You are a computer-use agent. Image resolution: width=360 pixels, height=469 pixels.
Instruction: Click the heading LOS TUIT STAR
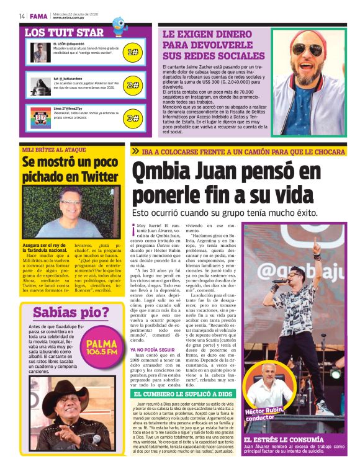[x=64, y=32]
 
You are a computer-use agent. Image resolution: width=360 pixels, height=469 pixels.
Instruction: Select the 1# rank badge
[x=132, y=52]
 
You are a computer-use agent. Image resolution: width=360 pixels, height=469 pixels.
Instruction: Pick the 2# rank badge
[x=132, y=85]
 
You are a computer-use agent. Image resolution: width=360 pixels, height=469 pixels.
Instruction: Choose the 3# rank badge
[x=132, y=117]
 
